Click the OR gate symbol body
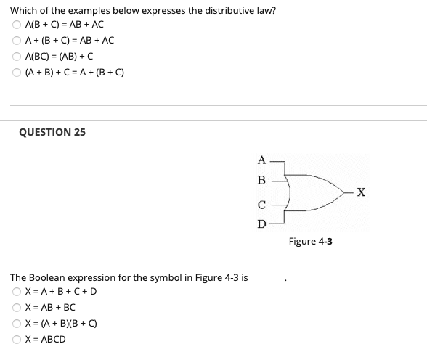point(305,192)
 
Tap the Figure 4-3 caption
point(310,241)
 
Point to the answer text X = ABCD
point(45,340)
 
